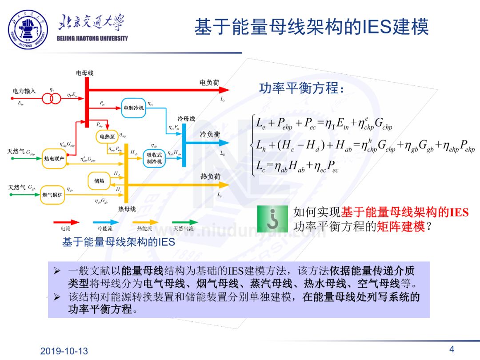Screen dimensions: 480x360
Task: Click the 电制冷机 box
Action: [x=134, y=108]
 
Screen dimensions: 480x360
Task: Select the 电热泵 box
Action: [x=107, y=136]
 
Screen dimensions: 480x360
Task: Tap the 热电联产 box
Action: [x=54, y=159]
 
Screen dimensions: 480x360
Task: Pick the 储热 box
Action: [x=99, y=180]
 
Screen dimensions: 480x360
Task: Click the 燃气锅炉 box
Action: [x=52, y=195]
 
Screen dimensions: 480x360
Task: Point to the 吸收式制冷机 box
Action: [x=155, y=158]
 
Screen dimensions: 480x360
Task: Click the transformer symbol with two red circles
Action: [x=51, y=98]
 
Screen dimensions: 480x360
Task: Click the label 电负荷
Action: [x=209, y=83]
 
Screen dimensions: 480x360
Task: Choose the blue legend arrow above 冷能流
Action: [x=105, y=222]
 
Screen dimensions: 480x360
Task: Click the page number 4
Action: [x=452, y=348]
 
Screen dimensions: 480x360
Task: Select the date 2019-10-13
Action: [x=64, y=351]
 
